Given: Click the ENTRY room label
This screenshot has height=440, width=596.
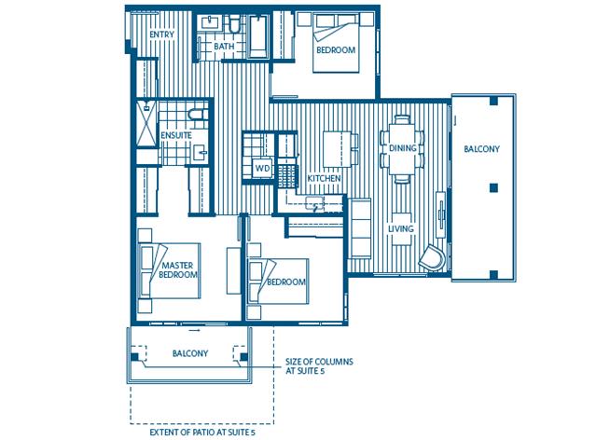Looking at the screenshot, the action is point(162,34).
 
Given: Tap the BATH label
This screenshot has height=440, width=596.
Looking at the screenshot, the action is point(224,47).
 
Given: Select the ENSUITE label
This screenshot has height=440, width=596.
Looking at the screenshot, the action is point(176,135).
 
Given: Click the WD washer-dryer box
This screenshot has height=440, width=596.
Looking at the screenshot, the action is point(263,168).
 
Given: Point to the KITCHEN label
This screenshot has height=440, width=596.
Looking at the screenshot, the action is point(324,179).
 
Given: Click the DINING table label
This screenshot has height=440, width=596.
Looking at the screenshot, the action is point(403,148).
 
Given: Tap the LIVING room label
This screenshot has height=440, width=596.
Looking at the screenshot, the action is point(401,228).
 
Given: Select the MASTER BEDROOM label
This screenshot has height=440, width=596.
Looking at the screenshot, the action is point(178,269).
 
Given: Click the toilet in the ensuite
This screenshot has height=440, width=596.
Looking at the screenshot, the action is point(198,114).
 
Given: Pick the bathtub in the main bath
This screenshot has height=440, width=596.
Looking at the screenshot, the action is point(258,36).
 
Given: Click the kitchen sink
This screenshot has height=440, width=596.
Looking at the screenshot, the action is point(314,203).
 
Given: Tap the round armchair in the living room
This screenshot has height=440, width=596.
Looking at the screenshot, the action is point(433,257).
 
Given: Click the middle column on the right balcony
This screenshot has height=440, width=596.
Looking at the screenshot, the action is point(493,187).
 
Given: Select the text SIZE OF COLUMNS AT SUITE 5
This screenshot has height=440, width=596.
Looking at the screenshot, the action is point(319,366).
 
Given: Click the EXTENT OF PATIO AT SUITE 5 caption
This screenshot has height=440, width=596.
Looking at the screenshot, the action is point(202,433).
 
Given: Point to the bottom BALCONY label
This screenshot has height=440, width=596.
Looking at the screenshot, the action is point(190,353).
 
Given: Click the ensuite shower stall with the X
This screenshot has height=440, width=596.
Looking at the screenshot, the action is point(146,123).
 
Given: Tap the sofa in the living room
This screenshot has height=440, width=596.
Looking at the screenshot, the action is point(360,228).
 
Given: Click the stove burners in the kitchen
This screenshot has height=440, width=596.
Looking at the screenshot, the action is point(287,176).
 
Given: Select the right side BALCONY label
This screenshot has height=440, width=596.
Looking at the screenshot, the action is point(481,149).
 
